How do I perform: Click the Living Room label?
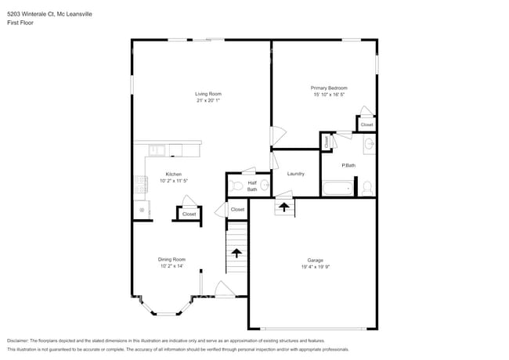click(x=208, y=94)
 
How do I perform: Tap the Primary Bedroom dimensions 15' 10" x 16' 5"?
click(x=328, y=94)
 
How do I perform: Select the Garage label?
click(x=315, y=260)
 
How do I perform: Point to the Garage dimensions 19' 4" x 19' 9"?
click(x=315, y=266)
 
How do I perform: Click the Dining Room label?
click(x=172, y=259)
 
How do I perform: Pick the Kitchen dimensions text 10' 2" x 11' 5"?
click(x=173, y=180)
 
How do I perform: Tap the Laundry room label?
click(x=295, y=174)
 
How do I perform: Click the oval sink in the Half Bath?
click(x=265, y=185)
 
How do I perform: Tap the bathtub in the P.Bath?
click(x=338, y=188)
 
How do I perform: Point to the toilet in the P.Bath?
click(x=366, y=187)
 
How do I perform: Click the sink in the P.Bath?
click(x=368, y=144)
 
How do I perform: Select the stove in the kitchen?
click(x=141, y=184)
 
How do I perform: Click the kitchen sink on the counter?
click(x=154, y=149)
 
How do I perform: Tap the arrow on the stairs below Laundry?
click(x=283, y=207)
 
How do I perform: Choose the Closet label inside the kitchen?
click(x=189, y=214)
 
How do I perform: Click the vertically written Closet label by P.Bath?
click(x=326, y=141)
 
